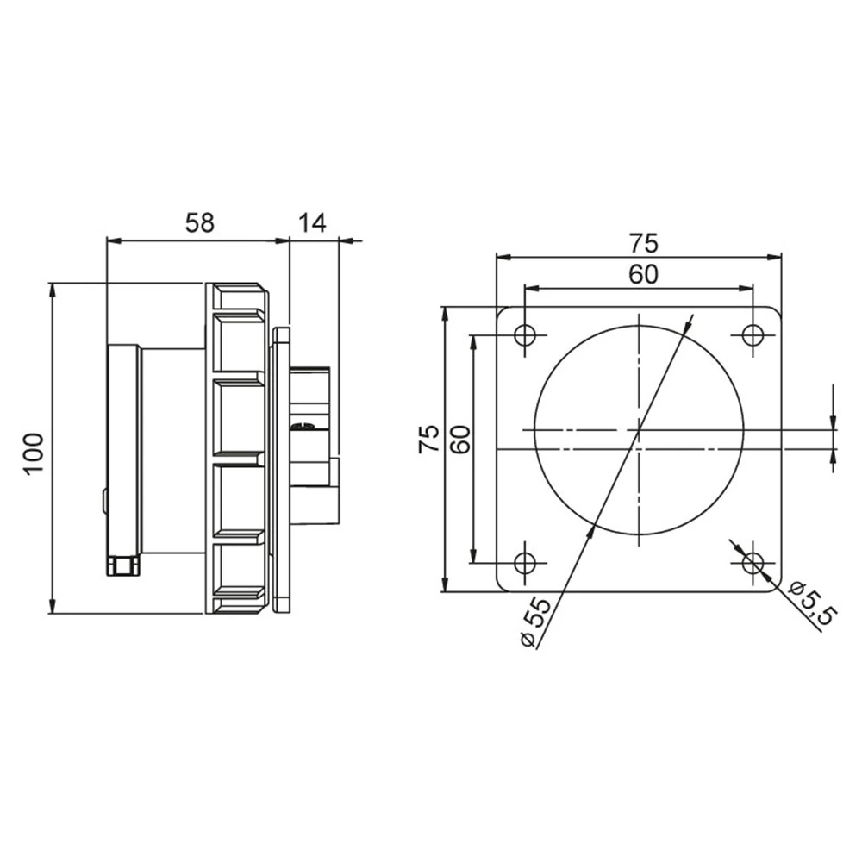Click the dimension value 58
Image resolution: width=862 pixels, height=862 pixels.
click(199, 223)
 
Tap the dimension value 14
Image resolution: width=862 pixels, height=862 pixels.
click(312, 223)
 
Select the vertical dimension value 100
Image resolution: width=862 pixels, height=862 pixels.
click(33, 454)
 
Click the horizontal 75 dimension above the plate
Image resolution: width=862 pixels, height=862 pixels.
click(643, 243)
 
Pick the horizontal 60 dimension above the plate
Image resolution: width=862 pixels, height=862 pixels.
click(643, 274)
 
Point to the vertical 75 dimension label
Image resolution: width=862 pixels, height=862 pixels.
click(429, 439)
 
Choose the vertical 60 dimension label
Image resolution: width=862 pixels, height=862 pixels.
click(460, 439)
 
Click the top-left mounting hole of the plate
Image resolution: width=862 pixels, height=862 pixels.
click(525, 334)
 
